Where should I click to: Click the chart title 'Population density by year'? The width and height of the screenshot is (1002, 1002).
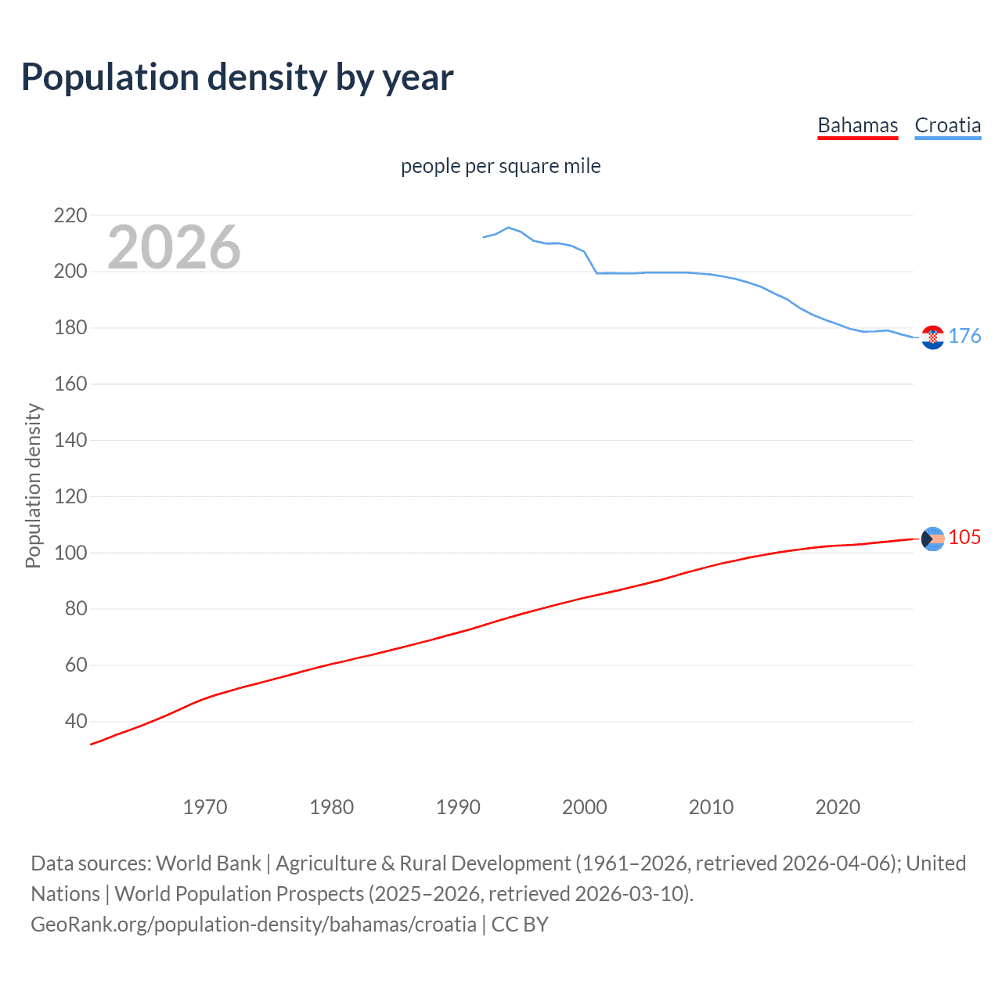pyautogui.click(x=237, y=77)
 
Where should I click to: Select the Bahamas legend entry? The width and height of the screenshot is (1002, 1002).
pyautogui.click(x=857, y=125)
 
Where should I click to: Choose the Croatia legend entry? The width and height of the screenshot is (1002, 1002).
pyautogui.click(x=947, y=125)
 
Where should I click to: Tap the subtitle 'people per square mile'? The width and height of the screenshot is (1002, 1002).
pyautogui.click(x=500, y=166)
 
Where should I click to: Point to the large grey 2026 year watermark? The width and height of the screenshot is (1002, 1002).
pyautogui.click(x=174, y=247)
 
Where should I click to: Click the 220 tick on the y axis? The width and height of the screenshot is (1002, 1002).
pyautogui.click(x=70, y=215)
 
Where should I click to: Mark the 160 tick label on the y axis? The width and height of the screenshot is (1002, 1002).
pyautogui.click(x=70, y=384)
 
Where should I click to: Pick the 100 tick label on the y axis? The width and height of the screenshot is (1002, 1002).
pyautogui.click(x=70, y=553)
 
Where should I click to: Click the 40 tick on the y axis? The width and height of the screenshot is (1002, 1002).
pyautogui.click(x=76, y=721)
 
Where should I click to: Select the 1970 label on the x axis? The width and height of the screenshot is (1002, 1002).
pyautogui.click(x=205, y=807)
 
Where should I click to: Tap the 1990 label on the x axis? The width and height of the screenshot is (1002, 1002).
pyautogui.click(x=458, y=807)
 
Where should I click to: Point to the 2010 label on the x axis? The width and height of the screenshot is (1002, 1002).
pyautogui.click(x=711, y=807)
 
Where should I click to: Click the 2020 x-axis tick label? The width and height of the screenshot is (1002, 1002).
pyautogui.click(x=838, y=807)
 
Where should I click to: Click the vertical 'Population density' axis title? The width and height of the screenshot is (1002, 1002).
pyautogui.click(x=33, y=485)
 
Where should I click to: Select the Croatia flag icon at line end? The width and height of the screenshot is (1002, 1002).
pyautogui.click(x=932, y=337)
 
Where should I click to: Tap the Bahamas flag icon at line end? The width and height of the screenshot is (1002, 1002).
pyautogui.click(x=932, y=539)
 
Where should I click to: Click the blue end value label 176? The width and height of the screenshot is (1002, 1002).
pyautogui.click(x=964, y=336)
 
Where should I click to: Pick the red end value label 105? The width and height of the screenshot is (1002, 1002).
pyautogui.click(x=964, y=537)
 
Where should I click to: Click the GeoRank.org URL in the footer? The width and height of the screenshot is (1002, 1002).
pyautogui.click(x=254, y=925)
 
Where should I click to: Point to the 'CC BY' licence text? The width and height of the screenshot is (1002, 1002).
pyautogui.click(x=520, y=925)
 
